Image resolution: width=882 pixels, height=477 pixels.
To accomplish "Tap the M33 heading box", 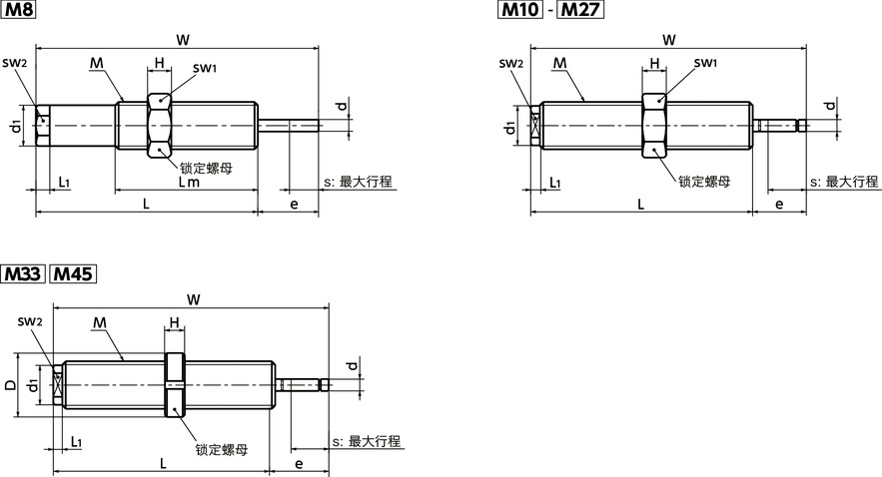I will point(23,272).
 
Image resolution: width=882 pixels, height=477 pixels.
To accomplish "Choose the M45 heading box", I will point(72,272).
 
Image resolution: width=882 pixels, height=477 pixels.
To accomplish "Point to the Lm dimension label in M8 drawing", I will point(189,183).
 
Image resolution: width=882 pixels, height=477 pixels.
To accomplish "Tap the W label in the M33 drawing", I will point(192,298).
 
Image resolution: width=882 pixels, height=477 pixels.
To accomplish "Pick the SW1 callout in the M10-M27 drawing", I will point(705,64).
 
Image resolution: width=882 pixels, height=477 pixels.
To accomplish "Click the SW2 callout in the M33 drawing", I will point(30,321).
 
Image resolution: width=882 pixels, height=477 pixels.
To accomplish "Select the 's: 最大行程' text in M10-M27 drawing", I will point(846,182).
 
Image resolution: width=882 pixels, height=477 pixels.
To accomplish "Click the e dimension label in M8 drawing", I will point(293,204).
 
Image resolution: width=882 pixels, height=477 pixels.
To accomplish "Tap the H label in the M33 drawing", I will point(174,322).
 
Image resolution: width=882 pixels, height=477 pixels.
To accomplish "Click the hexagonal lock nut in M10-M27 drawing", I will point(653,126).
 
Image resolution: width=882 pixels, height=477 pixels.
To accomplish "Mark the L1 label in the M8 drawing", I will point(64,183).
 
